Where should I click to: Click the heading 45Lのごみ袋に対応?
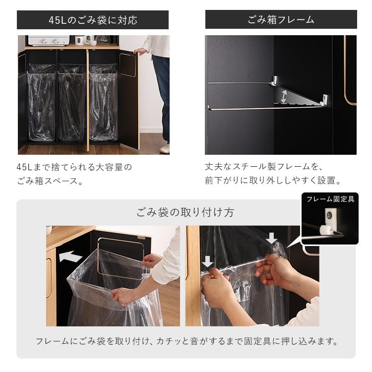pos(93,20)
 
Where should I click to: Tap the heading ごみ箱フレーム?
pos(281,20)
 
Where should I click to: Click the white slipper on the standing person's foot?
pos(165,148)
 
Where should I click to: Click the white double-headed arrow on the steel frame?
pos(283,96)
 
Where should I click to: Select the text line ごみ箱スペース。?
pos(50,181)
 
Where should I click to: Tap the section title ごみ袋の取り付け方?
pos(186,212)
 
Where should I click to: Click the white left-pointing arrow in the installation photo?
pos(70,256)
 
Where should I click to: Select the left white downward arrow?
pos(208,261)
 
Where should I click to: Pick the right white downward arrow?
pos(271,238)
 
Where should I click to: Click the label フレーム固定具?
pos(330,199)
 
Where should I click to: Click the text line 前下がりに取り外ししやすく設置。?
pos(273,181)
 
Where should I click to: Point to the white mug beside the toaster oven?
pos(79,40)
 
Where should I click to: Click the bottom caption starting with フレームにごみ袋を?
pos(186,341)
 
